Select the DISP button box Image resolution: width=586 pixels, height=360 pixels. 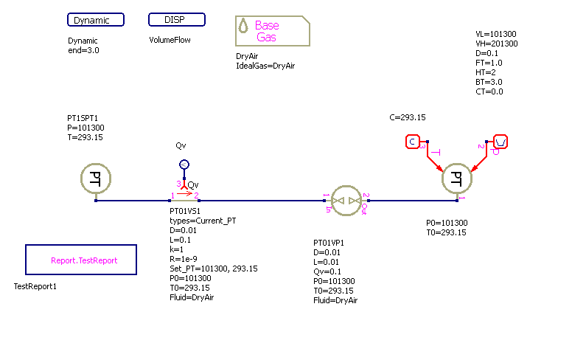176,20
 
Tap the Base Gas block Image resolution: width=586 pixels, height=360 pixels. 272,31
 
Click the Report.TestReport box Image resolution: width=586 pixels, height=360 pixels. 83,260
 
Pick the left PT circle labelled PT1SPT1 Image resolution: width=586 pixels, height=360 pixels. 96,178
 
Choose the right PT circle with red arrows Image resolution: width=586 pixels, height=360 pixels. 457,178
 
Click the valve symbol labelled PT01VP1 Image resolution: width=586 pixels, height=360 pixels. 345,200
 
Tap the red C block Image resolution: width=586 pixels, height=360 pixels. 413,142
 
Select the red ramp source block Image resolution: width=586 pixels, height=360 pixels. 500,142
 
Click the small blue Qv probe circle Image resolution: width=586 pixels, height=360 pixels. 184,164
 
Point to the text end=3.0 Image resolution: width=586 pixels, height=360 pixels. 83,51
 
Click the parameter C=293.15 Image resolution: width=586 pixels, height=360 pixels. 408,117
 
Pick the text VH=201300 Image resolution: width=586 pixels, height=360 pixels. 498,44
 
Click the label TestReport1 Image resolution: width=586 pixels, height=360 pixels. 35,286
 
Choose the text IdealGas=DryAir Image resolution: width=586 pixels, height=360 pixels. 265,66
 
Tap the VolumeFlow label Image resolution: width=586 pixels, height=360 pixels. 170,40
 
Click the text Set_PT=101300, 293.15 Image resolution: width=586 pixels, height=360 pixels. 214,269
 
